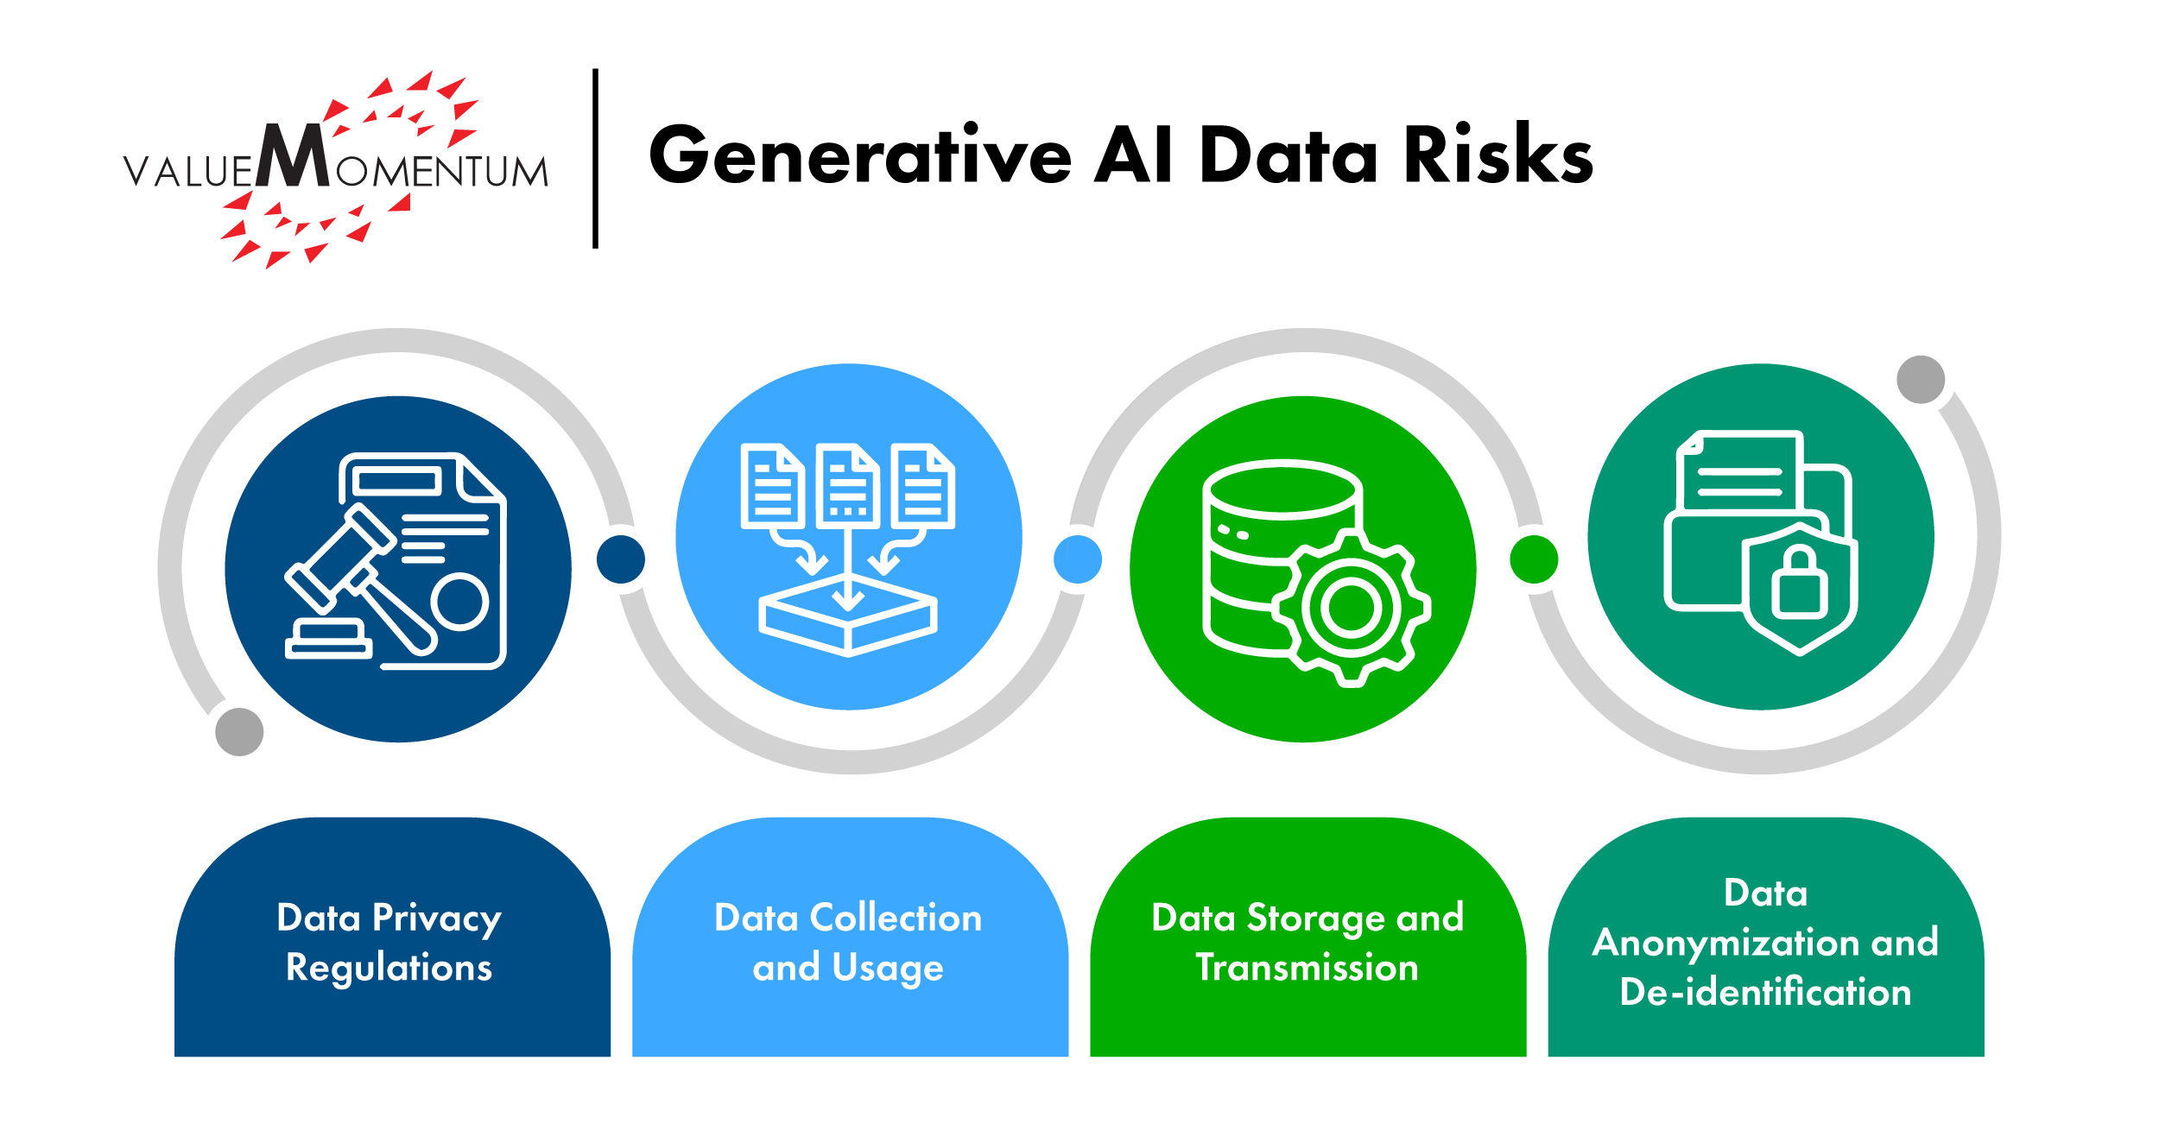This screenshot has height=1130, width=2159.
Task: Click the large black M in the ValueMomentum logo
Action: pos(294,155)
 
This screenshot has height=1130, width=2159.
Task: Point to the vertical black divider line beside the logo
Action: pos(595,158)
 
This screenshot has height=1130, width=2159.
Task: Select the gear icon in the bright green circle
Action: pos(1351,608)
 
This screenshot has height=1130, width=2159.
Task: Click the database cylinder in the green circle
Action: pos(1269,557)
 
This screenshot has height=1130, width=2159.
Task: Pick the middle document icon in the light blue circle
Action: pos(848,485)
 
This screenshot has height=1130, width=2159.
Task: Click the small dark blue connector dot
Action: pos(621,559)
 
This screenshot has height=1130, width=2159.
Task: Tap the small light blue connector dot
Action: pos(1078,559)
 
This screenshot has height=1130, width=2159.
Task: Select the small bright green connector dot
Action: pos(1534,559)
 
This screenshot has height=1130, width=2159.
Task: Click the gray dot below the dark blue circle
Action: pos(239,732)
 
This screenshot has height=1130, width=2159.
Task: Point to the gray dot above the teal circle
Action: pos(1921,379)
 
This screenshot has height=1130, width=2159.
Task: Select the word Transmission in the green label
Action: pos(1307,968)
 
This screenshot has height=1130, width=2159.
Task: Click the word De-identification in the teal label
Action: pos(1765,992)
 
